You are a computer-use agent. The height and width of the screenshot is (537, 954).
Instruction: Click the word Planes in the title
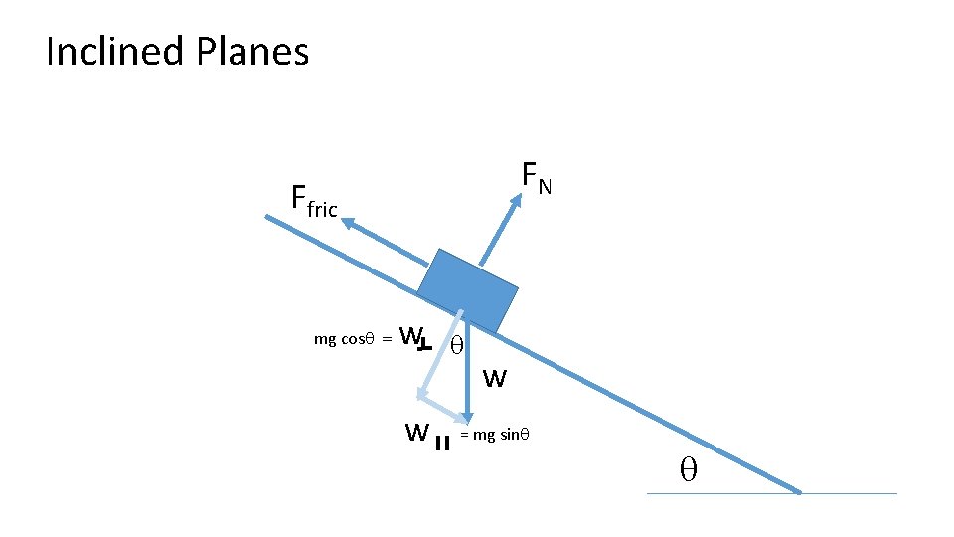253,52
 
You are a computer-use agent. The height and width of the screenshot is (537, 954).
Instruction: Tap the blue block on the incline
468,287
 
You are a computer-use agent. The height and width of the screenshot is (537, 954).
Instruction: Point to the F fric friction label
314,200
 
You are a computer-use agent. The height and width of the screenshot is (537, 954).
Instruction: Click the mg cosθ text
343,339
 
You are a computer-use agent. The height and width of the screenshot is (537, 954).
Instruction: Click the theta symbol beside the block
456,346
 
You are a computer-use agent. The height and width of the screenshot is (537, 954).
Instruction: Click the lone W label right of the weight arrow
495,378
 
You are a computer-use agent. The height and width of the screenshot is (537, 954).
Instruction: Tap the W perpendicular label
412,338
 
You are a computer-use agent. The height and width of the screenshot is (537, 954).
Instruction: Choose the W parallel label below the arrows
417,433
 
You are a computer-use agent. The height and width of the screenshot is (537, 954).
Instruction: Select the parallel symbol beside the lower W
443,442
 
